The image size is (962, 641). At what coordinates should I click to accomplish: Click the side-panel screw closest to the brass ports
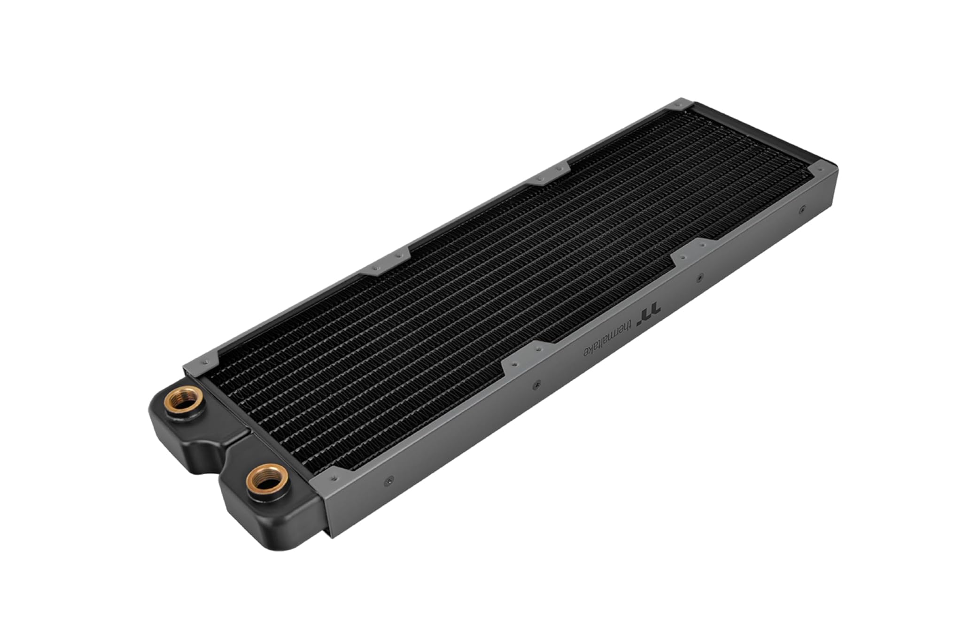tap(388, 481)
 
